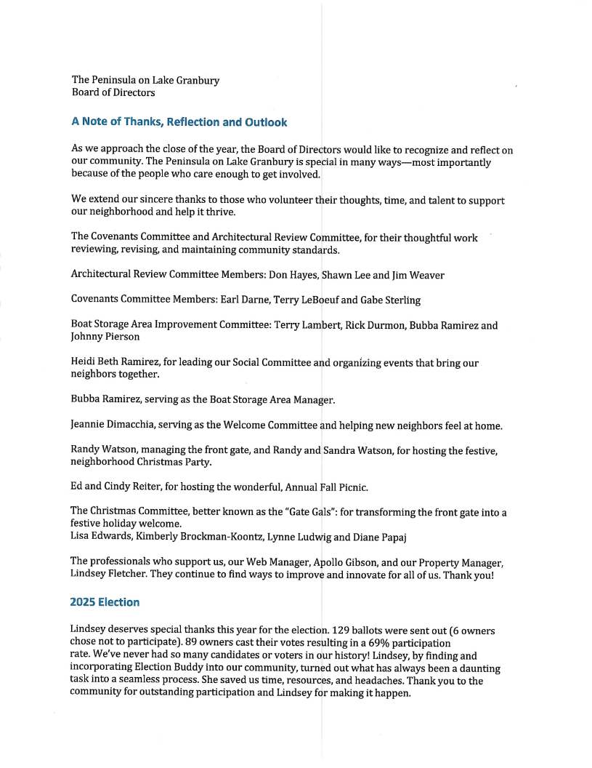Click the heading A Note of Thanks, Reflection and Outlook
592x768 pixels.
[179, 122]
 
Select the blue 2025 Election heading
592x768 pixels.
[105, 602]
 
